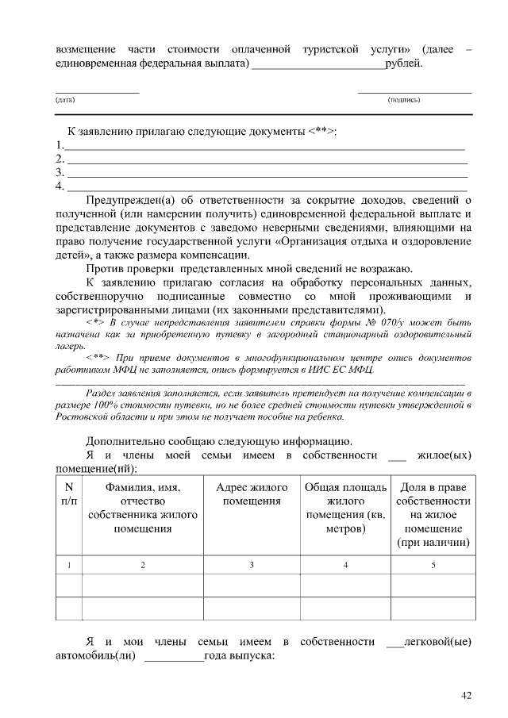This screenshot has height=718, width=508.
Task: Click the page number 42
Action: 467,696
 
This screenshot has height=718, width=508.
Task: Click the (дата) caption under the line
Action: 65,101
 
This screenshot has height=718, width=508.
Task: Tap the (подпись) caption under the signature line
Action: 403,101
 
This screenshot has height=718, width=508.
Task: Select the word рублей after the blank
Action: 402,62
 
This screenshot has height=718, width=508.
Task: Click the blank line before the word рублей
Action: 317,63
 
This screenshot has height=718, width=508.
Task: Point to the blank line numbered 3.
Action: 267,172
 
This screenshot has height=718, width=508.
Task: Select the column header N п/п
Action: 68,494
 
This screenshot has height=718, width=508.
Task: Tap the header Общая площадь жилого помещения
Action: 345,508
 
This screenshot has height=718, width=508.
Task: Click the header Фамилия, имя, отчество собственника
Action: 143,508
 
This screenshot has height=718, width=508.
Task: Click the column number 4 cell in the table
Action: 345,565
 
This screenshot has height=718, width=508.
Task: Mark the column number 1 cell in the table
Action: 68,565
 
